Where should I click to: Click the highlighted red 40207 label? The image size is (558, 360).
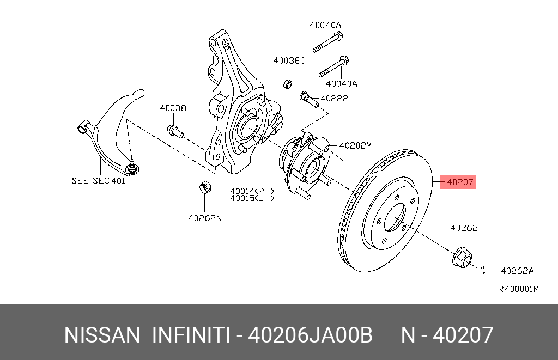[458, 182]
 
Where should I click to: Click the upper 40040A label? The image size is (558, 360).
[325, 25]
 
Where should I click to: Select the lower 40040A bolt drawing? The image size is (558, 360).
[333, 67]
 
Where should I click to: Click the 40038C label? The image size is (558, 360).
[289, 61]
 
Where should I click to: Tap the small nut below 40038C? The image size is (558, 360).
[289, 83]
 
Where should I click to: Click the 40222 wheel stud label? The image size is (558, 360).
[334, 99]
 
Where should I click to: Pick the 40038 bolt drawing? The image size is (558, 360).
[174, 130]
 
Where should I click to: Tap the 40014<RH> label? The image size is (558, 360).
[252, 191]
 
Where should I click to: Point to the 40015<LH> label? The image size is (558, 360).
[252, 198]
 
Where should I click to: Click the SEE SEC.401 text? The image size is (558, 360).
[98, 180]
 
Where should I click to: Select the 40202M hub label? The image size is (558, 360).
[355, 145]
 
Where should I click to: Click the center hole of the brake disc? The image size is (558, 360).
[395, 220]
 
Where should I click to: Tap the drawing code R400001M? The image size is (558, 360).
[518, 289]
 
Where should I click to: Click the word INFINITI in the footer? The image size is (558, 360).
[190, 334]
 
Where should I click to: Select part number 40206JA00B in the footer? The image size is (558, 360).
[310, 334]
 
